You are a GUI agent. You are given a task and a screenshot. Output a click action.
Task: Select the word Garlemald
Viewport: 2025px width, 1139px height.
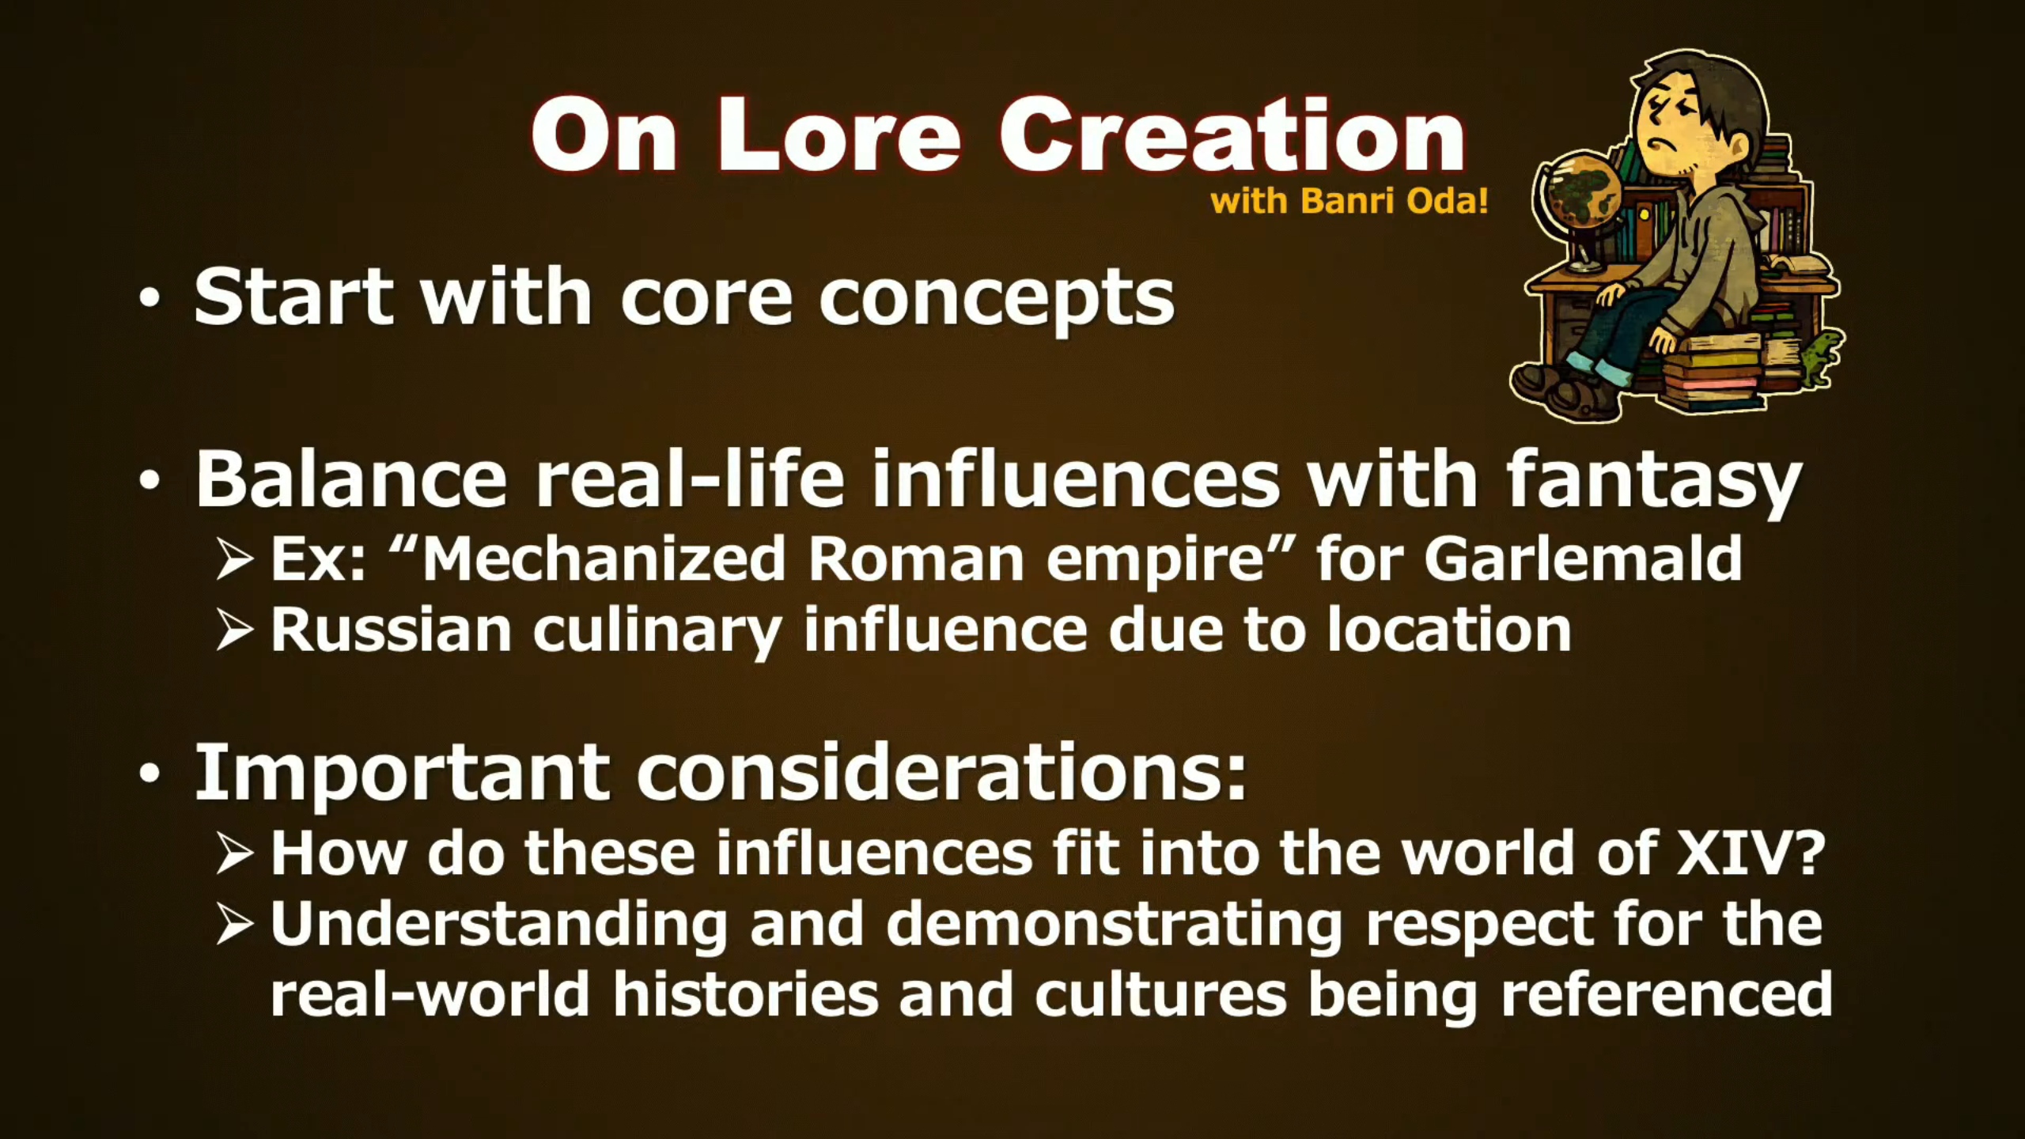tap(1583, 558)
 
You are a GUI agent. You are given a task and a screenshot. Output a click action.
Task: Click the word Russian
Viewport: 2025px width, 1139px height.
tap(392, 630)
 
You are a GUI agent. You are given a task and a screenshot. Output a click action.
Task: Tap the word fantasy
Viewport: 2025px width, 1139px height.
tap(1653, 481)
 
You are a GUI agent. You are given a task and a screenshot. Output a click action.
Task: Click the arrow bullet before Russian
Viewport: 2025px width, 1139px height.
tap(234, 630)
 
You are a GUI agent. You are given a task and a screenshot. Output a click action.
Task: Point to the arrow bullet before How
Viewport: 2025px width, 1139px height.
tap(234, 854)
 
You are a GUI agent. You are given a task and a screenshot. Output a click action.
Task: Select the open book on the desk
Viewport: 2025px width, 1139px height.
tap(1796, 265)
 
